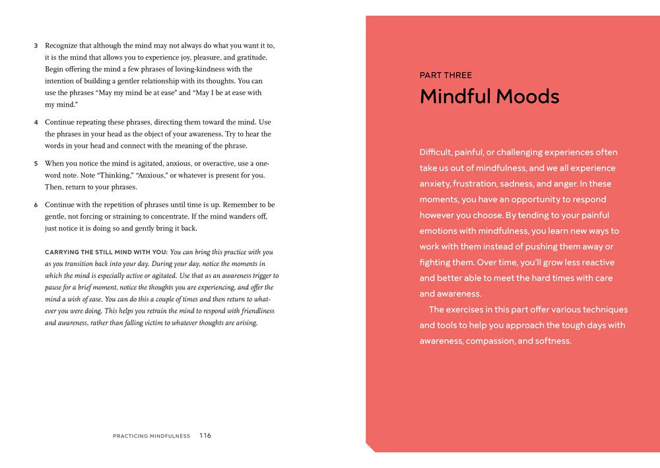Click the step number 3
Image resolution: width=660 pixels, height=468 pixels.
[x=36, y=46]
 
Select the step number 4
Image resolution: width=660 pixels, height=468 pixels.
[x=36, y=123]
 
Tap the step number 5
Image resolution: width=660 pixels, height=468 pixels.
[x=36, y=164]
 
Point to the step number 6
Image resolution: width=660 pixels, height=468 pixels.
[x=36, y=205]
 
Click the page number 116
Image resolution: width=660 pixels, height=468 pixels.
[x=205, y=436]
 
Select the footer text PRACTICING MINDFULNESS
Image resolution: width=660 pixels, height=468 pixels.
[x=151, y=436]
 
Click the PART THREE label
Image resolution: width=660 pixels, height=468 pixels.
[x=445, y=75]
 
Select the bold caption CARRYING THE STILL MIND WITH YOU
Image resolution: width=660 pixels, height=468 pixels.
[x=106, y=252]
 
